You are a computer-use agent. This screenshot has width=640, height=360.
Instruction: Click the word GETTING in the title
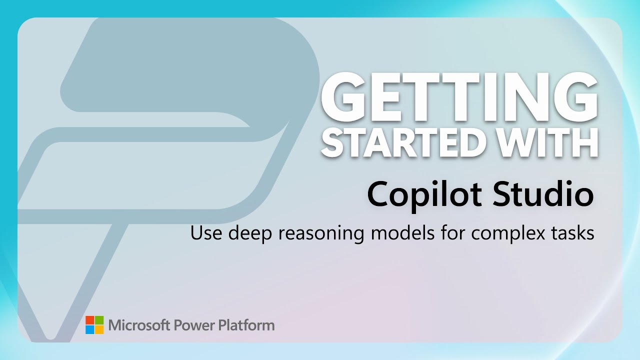(x=459, y=97)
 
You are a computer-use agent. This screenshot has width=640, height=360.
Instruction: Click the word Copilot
(x=424, y=194)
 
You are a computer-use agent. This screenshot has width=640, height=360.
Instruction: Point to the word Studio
(x=543, y=193)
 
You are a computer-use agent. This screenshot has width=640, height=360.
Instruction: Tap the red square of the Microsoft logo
(x=89, y=320)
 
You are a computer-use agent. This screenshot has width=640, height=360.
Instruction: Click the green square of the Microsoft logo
(x=99, y=320)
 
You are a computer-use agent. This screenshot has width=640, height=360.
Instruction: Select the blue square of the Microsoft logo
(x=89, y=329)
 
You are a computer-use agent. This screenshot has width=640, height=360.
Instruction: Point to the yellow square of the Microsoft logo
(x=99, y=329)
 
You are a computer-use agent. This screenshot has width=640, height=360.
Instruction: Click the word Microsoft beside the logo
(x=139, y=325)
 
